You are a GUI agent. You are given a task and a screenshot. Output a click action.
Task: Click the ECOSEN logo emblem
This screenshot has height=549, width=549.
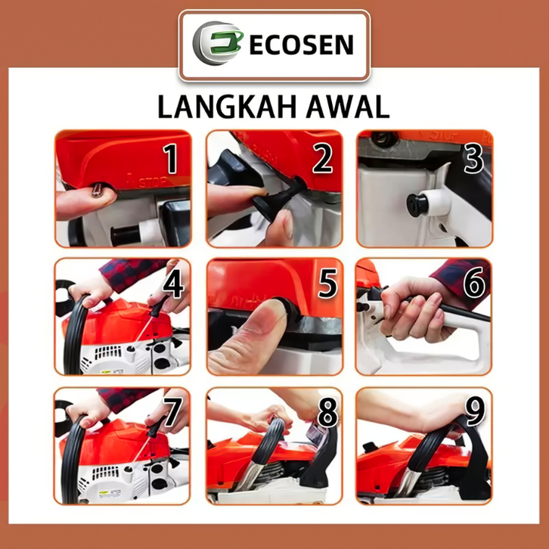tap(218, 43)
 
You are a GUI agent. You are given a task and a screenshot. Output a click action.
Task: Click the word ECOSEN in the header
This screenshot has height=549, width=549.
tap(302, 45)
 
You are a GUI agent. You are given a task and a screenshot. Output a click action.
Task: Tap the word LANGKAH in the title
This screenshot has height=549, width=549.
tap(227, 107)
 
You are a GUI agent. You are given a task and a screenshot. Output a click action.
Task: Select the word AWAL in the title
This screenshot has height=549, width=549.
tap(348, 107)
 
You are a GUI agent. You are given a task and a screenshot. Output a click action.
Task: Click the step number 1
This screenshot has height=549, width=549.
tap(171, 159)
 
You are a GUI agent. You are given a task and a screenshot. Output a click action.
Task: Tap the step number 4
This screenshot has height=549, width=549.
tap(173, 284)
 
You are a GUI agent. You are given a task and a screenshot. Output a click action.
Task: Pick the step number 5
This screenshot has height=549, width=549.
tap(327, 284)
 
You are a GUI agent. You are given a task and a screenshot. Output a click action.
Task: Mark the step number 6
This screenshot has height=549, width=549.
tap(474, 283)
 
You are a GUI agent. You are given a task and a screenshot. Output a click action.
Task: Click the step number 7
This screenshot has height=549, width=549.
tap(173, 411)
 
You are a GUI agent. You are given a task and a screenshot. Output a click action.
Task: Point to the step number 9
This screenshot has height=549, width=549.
tap(475, 411)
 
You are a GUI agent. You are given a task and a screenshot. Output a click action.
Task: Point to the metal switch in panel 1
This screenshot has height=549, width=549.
tap(97, 190)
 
